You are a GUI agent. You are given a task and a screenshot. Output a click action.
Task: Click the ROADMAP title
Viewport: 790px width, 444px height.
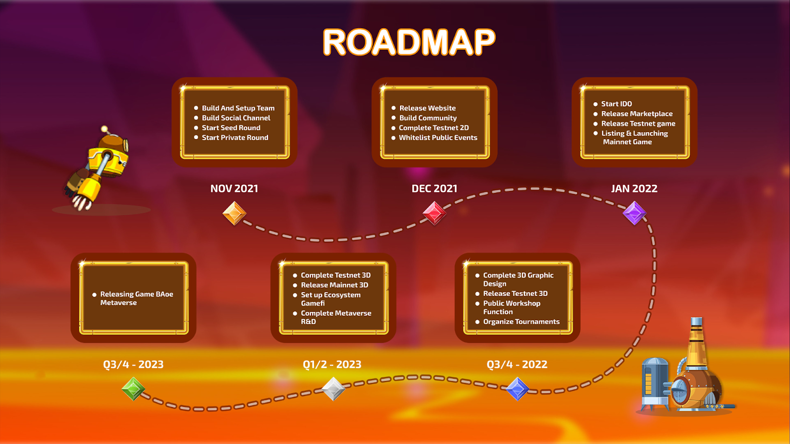[409, 42]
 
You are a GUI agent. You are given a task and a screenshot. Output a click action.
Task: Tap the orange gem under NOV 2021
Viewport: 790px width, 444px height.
[234, 213]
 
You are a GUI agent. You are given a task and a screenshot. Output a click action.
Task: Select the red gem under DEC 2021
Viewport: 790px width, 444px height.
[434, 213]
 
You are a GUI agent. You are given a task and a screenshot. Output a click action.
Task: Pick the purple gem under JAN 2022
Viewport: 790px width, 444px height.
[634, 213]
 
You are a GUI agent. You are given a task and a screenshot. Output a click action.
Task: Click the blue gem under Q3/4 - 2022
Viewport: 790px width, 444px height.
[517, 389]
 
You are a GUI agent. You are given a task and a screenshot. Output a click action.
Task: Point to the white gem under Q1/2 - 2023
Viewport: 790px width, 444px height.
[333, 389]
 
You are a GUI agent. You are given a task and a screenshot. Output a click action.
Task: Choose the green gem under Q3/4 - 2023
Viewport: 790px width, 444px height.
[133, 389]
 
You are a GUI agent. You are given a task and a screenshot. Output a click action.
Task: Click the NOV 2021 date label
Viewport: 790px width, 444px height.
[234, 188]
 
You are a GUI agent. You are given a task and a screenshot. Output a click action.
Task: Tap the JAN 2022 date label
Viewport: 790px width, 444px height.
[634, 188]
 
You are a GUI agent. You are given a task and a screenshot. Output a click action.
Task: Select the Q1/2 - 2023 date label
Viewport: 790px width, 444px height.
[332, 365]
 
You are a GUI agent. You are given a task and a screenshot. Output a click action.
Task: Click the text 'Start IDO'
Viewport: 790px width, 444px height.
[617, 104]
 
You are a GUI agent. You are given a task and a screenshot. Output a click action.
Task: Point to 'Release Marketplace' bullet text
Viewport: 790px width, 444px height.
[637, 114]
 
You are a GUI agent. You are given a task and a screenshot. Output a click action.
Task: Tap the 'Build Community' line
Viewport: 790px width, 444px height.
[428, 118]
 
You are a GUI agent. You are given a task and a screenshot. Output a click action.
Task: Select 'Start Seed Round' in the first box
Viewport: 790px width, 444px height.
[231, 128]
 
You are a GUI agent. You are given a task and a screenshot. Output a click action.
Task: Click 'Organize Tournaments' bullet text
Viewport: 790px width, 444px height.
[521, 322]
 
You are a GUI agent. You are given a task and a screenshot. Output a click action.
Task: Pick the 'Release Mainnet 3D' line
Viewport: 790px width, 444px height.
[334, 285]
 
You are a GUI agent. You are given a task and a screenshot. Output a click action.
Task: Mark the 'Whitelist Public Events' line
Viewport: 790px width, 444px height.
[438, 138]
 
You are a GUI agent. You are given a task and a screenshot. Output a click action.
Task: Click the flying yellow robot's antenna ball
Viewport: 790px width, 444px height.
[104, 129]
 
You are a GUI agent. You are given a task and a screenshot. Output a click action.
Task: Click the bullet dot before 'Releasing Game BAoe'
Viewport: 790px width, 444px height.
[94, 295]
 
